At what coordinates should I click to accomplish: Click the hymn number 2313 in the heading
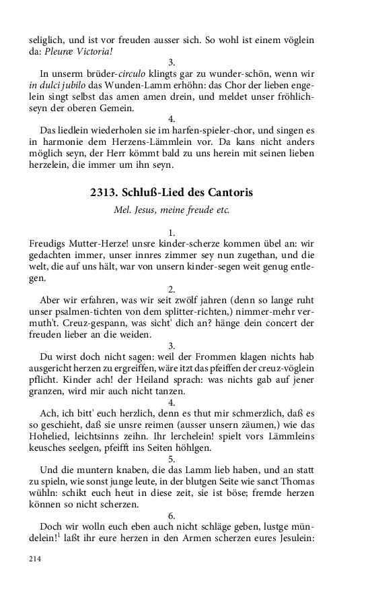104,192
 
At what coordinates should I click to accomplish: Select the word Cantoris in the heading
231,192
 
